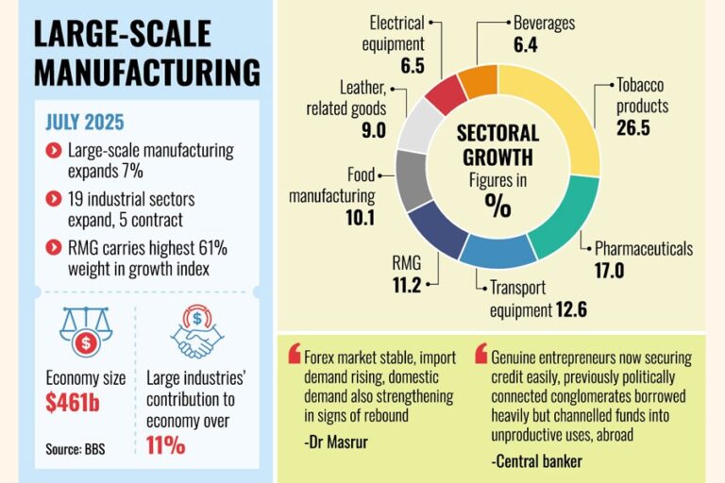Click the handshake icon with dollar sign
coord(195,333)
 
